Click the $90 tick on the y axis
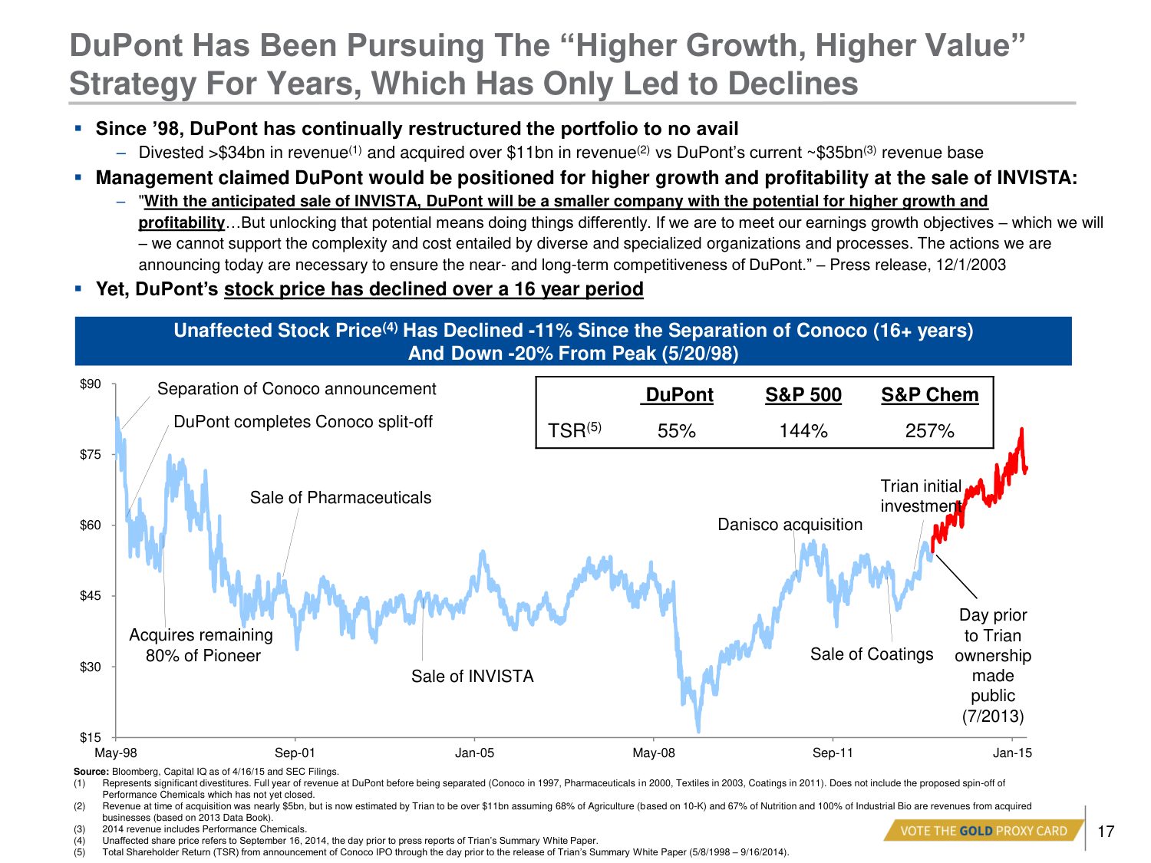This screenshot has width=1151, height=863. pyautogui.click(x=91, y=384)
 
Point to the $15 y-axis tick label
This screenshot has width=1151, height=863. pyautogui.click(x=91, y=738)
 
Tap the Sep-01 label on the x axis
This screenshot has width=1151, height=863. pyautogui.click(x=295, y=753)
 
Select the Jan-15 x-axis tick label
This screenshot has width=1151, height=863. pyautogui.click(x=1012, y=753)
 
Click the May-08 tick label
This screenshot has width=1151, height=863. pyautogui.click(x=654, y=753)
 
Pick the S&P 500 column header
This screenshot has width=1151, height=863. pyautogui.click(x=803, y=395)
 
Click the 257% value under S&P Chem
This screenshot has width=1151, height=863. pyautogui.click(x=929, y=431)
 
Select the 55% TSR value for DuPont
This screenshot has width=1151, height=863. pyautogui.click(x=676, y=431)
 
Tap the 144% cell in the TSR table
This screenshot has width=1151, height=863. pyautogui.click(x=803, y=431)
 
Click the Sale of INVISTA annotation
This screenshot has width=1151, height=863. pyautogui.click(x=472, y=676)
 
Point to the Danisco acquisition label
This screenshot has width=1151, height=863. pyautogui.click(x=790, y=525)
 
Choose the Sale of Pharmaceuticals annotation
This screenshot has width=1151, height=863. pyautogui.click(x=341, y=498)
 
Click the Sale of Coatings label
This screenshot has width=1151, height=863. pyautogui.click(x=872, y=654)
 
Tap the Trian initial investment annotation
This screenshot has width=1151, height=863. pyautogui.click(x=921, y=496)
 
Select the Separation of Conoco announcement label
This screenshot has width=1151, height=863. pyautogui.click(x=296, y=389)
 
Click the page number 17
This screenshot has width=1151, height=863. pyautogui.click(x=1106, y=832)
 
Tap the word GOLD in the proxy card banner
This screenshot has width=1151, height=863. pyautogui.click(x=975, y=831)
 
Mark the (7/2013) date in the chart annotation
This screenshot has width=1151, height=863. pyautogui.click(x=993, y=716)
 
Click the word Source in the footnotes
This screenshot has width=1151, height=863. pyautogui.click(x=91, y=772)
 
